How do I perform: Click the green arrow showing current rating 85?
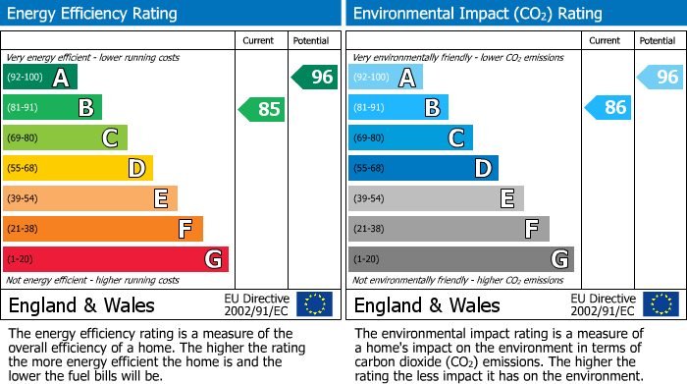pos(263,109)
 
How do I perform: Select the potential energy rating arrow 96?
pos(315,77)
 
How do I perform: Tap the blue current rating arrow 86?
pos(608,108)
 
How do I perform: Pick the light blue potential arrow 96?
pos(661,77)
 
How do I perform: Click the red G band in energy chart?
pos(116,259)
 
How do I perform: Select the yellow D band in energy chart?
pos(78,168)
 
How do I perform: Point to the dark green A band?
pos(40,78)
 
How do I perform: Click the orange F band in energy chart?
pos(103,229)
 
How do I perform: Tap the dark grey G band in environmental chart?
pos(460,259)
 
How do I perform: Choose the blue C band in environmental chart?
pos(410,137)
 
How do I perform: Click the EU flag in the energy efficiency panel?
pos(314,303)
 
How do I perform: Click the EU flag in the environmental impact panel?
pos(661,303)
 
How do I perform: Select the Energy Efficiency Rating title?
pos(93,14)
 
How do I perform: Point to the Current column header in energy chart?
pos(260,40)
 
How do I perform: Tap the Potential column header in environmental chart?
pos(658,40)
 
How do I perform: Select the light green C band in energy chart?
pos(65,137)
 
